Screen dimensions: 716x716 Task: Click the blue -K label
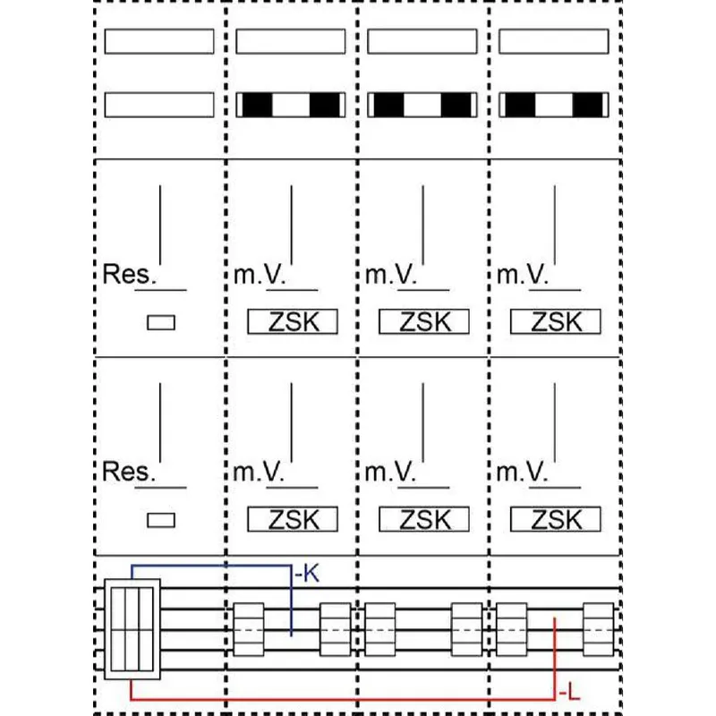[x=307, y=573]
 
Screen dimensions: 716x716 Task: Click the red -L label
[x=569, y=695]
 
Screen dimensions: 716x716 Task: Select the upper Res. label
[x=129, y=274]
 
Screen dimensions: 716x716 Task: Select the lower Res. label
[x=129, y=472]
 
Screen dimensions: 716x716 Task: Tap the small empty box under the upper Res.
[x=161, y=322]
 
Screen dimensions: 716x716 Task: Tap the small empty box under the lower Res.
[x=161, y=520]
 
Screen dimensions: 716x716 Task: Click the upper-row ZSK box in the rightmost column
[x=555, y=321]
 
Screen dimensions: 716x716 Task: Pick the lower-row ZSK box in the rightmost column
[x=555, y=519]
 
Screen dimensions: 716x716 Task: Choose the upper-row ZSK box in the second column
[x=293, y=321]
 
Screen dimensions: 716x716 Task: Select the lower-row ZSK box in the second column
[x=293, y=519]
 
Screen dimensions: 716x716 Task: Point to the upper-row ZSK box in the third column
[x=424, y=321]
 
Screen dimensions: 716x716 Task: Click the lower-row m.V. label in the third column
[x=390, y=472]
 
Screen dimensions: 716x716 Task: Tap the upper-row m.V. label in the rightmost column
[x=522, y=275]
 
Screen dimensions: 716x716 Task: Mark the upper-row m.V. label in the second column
[x=259, y=275]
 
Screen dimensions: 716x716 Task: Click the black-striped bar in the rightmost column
[x=554, y=105]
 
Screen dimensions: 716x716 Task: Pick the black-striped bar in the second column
[x=291, y=105]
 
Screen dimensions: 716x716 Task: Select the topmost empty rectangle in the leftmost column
[x=159, y=41]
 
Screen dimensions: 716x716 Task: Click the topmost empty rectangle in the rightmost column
[x=554, y=41]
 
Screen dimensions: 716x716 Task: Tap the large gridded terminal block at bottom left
[x=132, y=629]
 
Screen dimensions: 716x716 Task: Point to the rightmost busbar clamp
[x=598, y=629]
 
